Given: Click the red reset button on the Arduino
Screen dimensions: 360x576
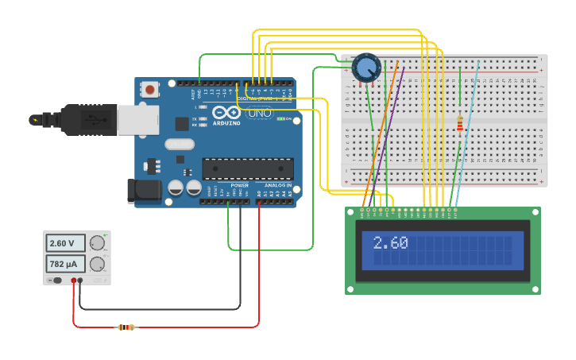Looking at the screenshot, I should (150, 90).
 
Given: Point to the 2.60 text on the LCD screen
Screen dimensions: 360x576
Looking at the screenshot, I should (390, 243).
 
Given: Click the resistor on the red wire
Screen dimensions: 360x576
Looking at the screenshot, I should (126, 327).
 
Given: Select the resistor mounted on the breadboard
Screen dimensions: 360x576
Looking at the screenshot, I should (459, 123).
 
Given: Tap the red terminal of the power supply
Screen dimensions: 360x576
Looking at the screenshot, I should (73, 281).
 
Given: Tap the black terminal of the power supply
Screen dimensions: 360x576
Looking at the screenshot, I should (79, 281).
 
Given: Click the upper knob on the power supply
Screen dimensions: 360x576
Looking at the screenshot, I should (97, 243).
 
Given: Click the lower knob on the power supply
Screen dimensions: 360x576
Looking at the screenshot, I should (97, 264).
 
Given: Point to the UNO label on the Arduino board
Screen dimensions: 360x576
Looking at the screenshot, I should (260, 114).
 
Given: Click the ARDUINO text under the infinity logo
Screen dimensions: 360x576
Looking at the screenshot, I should (226, 123).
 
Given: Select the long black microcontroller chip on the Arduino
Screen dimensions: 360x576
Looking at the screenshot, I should (247, 168).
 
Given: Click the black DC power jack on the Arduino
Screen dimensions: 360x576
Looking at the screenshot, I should (140, 191).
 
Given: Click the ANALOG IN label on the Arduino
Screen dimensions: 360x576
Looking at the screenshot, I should (277, 185).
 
